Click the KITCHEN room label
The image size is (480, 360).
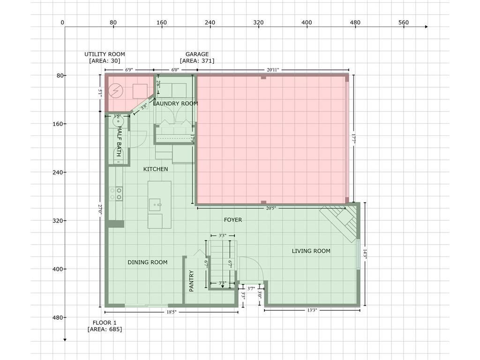tap(156, 169)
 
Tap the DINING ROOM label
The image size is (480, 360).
tap(147, 262)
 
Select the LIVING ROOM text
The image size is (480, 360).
tap(311, 251)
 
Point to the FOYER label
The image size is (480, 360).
tap(233, 219)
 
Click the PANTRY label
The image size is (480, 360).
tap(191, 281)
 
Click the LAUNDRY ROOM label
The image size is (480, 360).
tap(175, 104)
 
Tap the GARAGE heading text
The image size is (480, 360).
tap(197, 54)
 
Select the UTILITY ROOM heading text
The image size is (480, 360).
tap(105, 54)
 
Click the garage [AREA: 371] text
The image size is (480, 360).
tap(197, 61)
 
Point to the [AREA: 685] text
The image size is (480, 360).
tap(105, 329)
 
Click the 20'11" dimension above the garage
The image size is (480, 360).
tap(273, 70)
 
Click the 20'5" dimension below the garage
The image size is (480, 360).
tap(271, 208)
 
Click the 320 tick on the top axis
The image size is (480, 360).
tap(258, 22)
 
